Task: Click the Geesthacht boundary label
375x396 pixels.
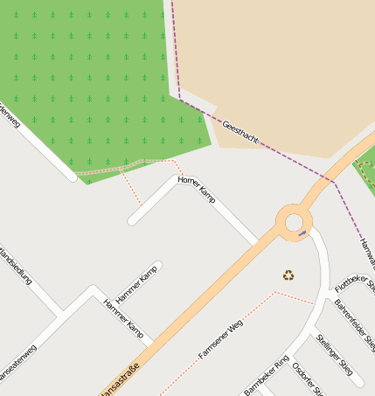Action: point(240,134)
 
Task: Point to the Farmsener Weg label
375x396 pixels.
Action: point(219,340)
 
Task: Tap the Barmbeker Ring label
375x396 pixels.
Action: point(266,374)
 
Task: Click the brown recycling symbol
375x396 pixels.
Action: point(288,275)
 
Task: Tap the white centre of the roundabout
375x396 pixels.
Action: point(293,222)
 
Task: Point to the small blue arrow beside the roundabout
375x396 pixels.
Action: point(302,233)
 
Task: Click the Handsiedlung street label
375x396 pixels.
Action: point(16,266)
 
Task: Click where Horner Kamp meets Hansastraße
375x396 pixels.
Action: point(256,243)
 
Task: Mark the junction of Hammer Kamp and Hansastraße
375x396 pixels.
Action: point(151,342)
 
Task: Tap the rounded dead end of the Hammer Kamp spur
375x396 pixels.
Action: point(157,266)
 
